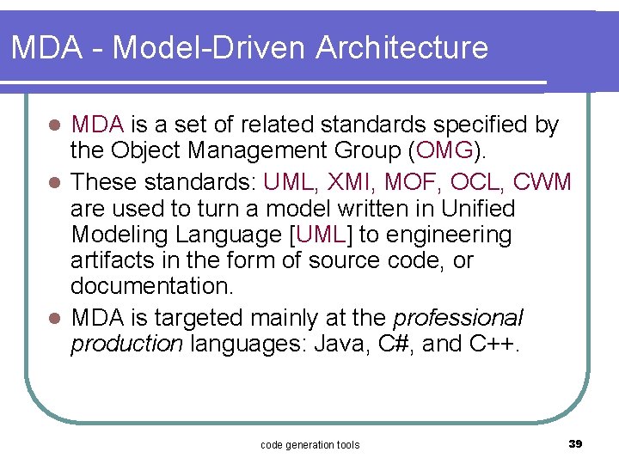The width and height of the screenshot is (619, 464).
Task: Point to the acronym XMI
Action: click(358, 181)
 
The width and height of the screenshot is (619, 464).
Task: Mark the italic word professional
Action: click(457, 318)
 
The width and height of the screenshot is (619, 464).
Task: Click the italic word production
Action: click(126, 345)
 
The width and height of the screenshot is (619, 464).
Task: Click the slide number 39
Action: click(576, 443)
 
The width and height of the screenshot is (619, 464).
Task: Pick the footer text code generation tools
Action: click(309, 444)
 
